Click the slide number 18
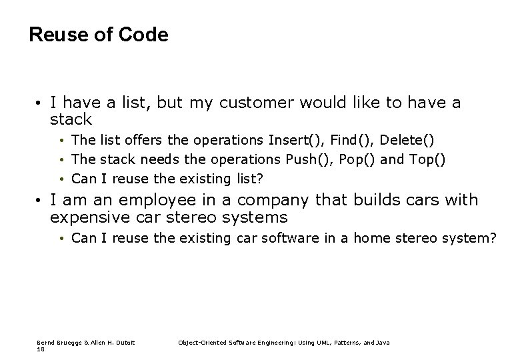[41, 349]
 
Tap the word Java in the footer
[382, 342]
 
